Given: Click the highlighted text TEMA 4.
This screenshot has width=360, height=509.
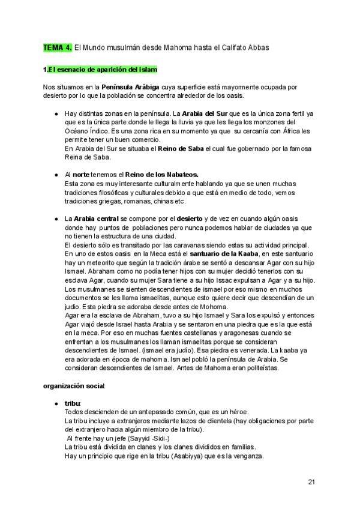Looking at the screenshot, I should pyautogui.click(x=58, y=47).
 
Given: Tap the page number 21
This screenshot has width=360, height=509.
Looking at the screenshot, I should pyautogui.click(x=312, y=482).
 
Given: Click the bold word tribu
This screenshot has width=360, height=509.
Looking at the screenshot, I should pyautogui.click(x=72, y=403).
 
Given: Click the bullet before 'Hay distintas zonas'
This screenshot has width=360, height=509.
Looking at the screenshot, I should pyautogui.click(x=56, y=113).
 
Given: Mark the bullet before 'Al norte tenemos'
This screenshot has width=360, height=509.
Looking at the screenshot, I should pyautogui.click(x=56, y=175).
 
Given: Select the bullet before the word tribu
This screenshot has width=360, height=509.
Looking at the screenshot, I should pyautogui.click(x=56, y=403).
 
